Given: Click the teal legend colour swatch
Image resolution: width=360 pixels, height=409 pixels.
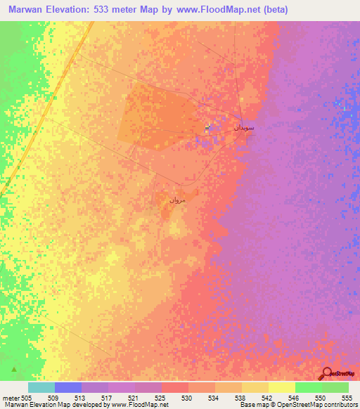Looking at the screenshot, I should pos(41,387).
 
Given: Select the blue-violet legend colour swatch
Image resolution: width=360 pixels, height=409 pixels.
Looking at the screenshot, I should pos(68,387).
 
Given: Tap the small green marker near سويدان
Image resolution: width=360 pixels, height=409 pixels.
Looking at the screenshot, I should pos(207,127).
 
